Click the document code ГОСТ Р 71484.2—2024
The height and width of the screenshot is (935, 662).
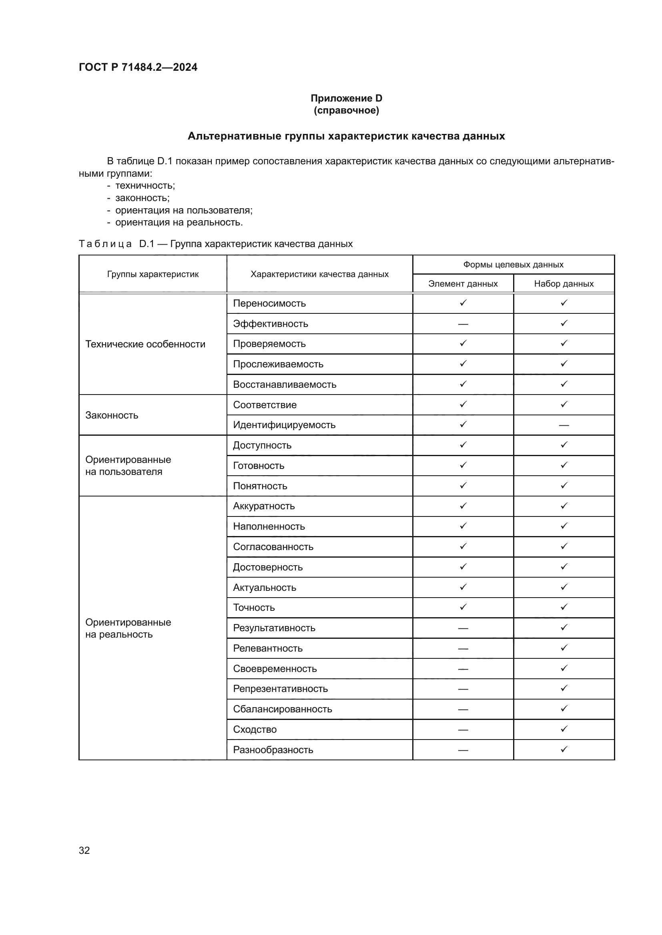138,67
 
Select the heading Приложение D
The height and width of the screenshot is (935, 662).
346,98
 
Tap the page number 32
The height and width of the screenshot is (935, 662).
84,850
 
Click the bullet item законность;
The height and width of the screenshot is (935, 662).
142,198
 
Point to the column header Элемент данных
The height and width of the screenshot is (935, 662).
463,283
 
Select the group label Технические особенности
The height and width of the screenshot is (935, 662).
145,344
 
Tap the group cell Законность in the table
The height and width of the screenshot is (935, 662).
112,415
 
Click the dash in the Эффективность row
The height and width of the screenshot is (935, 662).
463,324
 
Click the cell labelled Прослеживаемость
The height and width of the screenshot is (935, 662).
278,364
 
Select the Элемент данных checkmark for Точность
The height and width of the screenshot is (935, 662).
463,607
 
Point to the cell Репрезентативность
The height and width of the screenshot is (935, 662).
280,689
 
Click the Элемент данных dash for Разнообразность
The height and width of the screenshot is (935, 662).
463,750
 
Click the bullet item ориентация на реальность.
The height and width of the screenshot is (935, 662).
179,222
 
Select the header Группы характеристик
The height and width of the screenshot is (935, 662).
153,274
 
